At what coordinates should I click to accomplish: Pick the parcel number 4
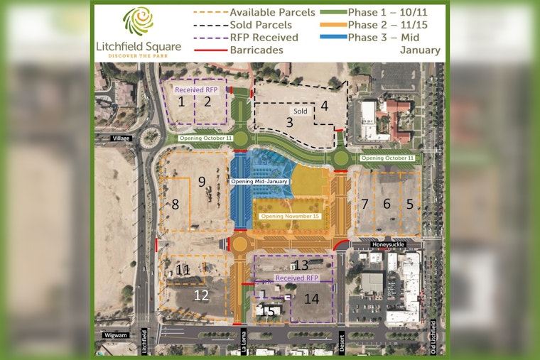click(324, 107)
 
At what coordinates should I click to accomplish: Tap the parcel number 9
click(202, 182)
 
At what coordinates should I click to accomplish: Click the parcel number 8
click(175, 205)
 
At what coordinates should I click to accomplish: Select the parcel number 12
click(202, 294)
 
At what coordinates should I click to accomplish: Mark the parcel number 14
click(311, 298)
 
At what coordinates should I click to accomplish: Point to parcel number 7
click(364, 204)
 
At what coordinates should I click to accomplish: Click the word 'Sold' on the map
click(300, 111)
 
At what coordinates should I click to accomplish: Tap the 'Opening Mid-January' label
click(259, 182)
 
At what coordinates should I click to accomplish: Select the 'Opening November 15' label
click(290, 216)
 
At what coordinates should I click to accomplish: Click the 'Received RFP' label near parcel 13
click(297, 278)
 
